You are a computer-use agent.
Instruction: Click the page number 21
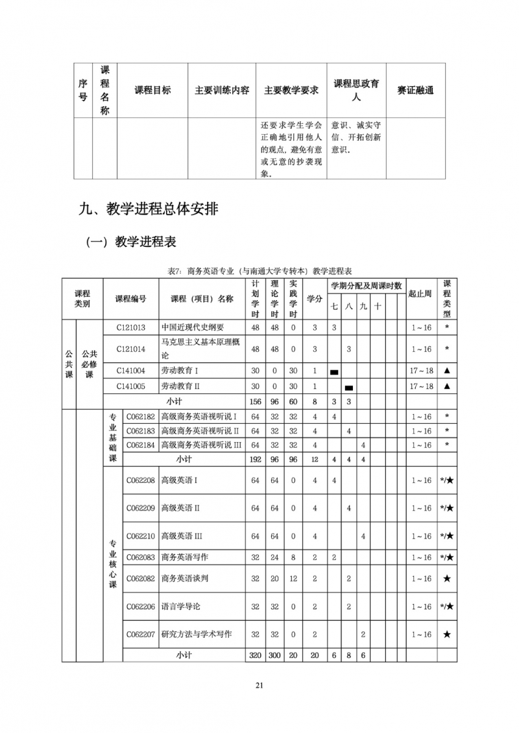pos(259,684)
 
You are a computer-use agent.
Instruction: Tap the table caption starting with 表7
pos(259,270)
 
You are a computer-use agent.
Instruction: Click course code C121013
pos(131,327)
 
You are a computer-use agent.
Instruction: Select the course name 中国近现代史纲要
pos(193,327)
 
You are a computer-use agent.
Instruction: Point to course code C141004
pos(131,371)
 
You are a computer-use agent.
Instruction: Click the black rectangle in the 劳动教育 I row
pos(335,372)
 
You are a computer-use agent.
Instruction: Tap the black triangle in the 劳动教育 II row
pos(447,386)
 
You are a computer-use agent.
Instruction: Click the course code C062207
pos(140,634)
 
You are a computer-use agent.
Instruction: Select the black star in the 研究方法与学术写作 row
pos(447,635)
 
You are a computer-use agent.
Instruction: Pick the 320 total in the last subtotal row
pos(255,655)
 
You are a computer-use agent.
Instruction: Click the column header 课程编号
pos(130,299)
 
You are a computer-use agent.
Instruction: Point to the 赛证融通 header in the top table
pos(415,90)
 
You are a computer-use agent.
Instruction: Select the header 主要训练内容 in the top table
pos(222,90)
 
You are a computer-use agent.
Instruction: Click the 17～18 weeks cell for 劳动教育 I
pos(421,371)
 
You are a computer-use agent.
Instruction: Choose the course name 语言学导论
pos(181,607)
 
